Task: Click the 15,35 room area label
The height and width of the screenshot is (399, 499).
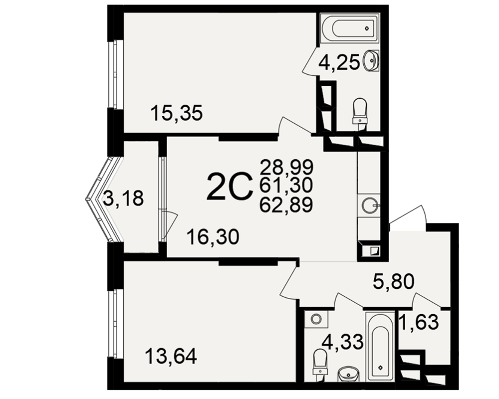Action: (x=177, y=113)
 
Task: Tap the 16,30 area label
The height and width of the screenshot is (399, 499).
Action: (x=213, y=237)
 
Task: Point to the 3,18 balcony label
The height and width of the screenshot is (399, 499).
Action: (x=123, y=198)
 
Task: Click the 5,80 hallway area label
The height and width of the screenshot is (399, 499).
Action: (x=394, y=281)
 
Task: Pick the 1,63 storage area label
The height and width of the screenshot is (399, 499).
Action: (x=419, y=322)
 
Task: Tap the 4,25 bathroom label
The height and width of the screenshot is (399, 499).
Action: (x=339, y=63)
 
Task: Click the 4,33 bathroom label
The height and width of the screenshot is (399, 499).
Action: (x=342, y=342)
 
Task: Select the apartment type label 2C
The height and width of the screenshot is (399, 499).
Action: (x=229, y=187)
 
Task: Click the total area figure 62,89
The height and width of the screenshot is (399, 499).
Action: (x=286, y=204)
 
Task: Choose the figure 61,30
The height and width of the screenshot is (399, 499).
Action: (x=286, y=186)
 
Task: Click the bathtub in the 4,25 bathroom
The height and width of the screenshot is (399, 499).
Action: (x=350, y=28)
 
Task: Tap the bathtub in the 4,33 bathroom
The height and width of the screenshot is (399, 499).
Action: (x=381, y=346)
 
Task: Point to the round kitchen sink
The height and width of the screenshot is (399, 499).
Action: (x=369, y=205)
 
